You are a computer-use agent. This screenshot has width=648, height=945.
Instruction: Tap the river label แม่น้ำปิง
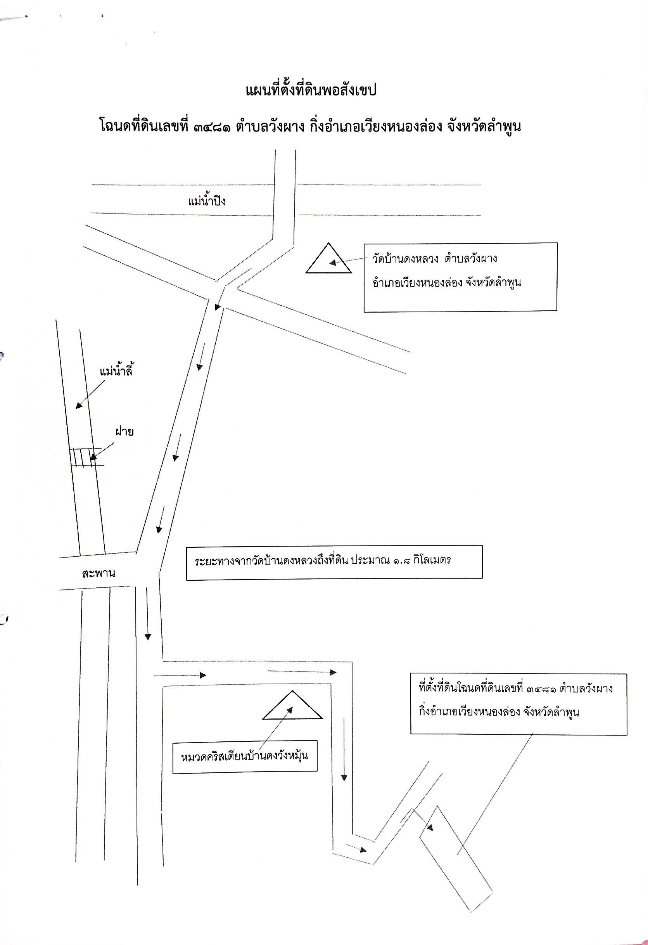207,201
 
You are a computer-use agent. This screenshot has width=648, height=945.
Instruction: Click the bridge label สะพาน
98,573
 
